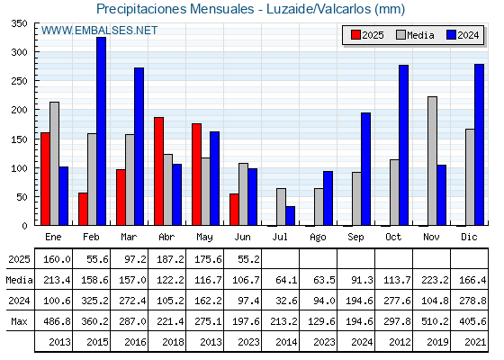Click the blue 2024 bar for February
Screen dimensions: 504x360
(101, 131)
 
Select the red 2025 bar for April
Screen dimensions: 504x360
(158, 171)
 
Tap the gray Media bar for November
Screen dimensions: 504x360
(432, 161)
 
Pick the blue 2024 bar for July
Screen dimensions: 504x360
(290, 216)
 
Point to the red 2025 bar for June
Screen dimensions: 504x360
(234, 209)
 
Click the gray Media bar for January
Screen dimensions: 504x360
(54, 164)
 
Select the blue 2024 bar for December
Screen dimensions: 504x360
(479, 145)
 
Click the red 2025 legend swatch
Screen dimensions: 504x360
(355, 35)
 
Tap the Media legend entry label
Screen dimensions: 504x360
(420, 35)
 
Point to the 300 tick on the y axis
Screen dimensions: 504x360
(36, 51)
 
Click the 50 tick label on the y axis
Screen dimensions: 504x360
(22, 197)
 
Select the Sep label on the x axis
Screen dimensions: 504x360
(355, 238)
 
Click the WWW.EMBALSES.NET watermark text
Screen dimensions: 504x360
(99, 31)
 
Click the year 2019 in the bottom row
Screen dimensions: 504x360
(437, 342)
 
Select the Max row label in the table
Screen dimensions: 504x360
(19, 321)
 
